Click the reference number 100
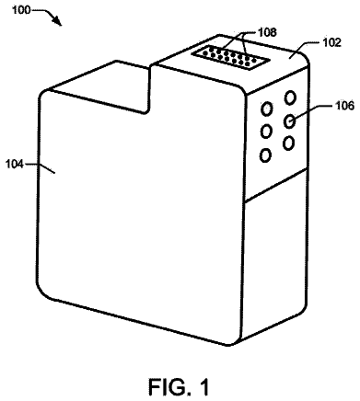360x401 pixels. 21,10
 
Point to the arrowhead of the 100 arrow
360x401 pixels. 58,21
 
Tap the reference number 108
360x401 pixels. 267,32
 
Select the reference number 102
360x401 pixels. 331,42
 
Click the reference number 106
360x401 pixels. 344,106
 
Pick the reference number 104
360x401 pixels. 15,165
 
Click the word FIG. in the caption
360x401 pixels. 168,386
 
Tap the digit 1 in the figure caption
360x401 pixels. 203,386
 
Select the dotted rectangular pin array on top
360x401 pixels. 230,57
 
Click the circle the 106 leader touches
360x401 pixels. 289,120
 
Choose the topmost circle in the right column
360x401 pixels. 290,97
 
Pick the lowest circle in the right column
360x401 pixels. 288,143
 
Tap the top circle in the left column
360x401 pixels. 266,109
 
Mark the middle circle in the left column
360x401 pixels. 266,132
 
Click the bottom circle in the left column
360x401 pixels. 265,155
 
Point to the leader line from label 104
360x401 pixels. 40,167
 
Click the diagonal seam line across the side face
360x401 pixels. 276,185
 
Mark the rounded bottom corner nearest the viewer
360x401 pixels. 228,342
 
